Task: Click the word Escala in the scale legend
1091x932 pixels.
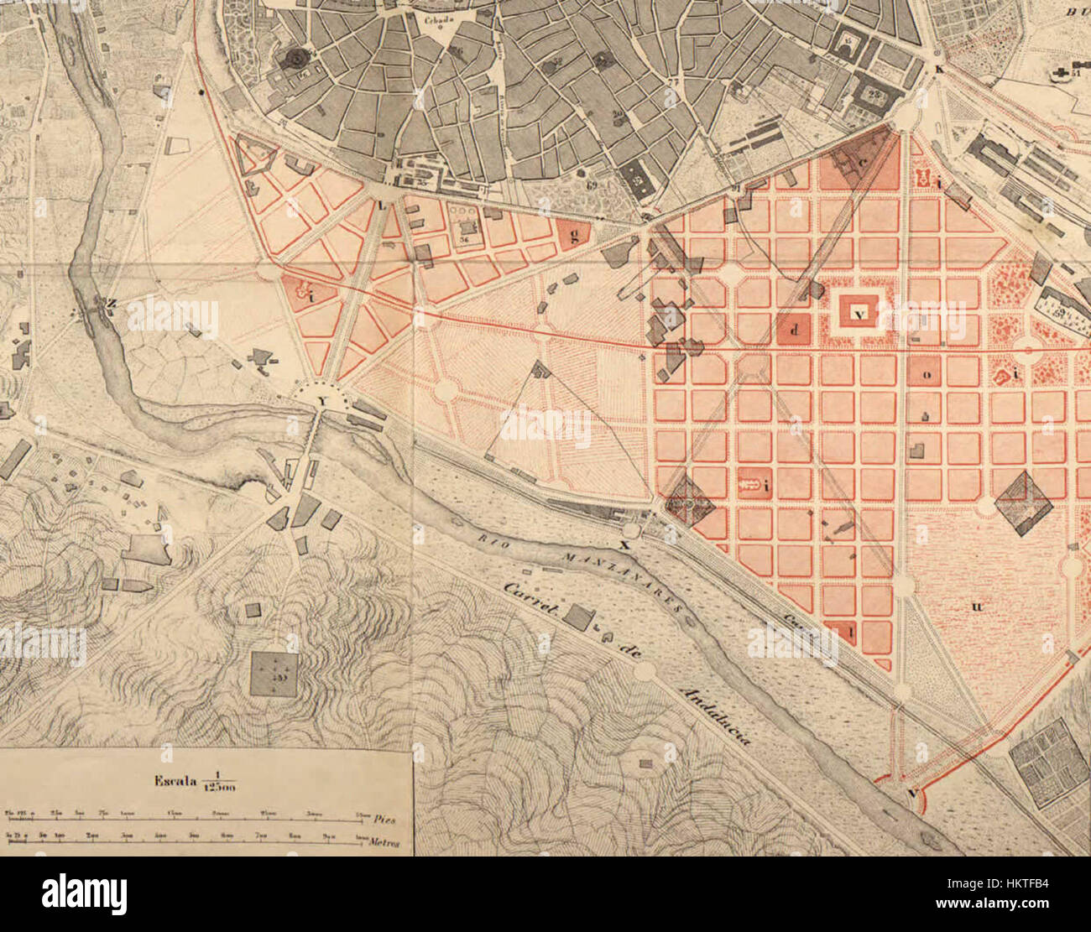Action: point(174,781)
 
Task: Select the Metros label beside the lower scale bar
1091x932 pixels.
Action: point(385,842)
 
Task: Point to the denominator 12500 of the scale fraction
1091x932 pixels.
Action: point(219,789)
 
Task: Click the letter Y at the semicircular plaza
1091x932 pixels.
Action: point(321,402)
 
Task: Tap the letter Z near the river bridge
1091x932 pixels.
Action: point(111,302)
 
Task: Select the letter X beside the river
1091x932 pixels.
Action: point(623,544)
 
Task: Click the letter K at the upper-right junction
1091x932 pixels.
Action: point(939,70)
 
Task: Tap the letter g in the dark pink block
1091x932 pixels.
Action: point(573,235)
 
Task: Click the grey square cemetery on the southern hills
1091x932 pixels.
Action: point(274,674)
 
